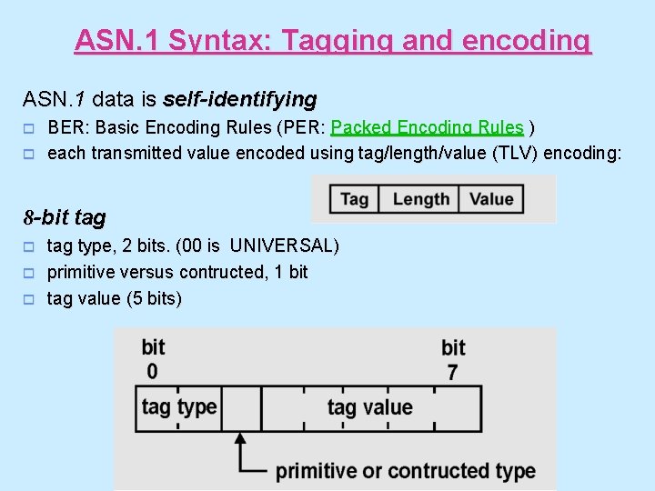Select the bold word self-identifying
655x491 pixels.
click(x=240, y=98)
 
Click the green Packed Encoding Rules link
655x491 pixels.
click(x=428, y=127)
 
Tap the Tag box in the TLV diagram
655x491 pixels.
click(x=354, y=199)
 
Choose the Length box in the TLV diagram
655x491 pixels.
click(x=420, y=199)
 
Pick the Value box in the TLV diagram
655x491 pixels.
click(x=491, y=199)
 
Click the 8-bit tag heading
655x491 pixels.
click(x=64, y=217)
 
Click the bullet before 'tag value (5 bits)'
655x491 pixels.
click(x=28, y=299)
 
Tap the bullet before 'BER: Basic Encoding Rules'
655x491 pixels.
click(x=28, y=128)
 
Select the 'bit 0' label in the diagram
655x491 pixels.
click(x=153, y=359)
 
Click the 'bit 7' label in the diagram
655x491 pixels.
click(x=453, y=359)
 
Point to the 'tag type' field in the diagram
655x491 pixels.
click(x=179, y=406)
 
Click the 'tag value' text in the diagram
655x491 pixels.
click(x=369, y=407)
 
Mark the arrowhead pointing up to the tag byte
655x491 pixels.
click(x=241, y=439)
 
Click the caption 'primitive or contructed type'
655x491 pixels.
click(x=405, y=471)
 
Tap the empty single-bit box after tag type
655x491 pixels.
click(x=241, y=406)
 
